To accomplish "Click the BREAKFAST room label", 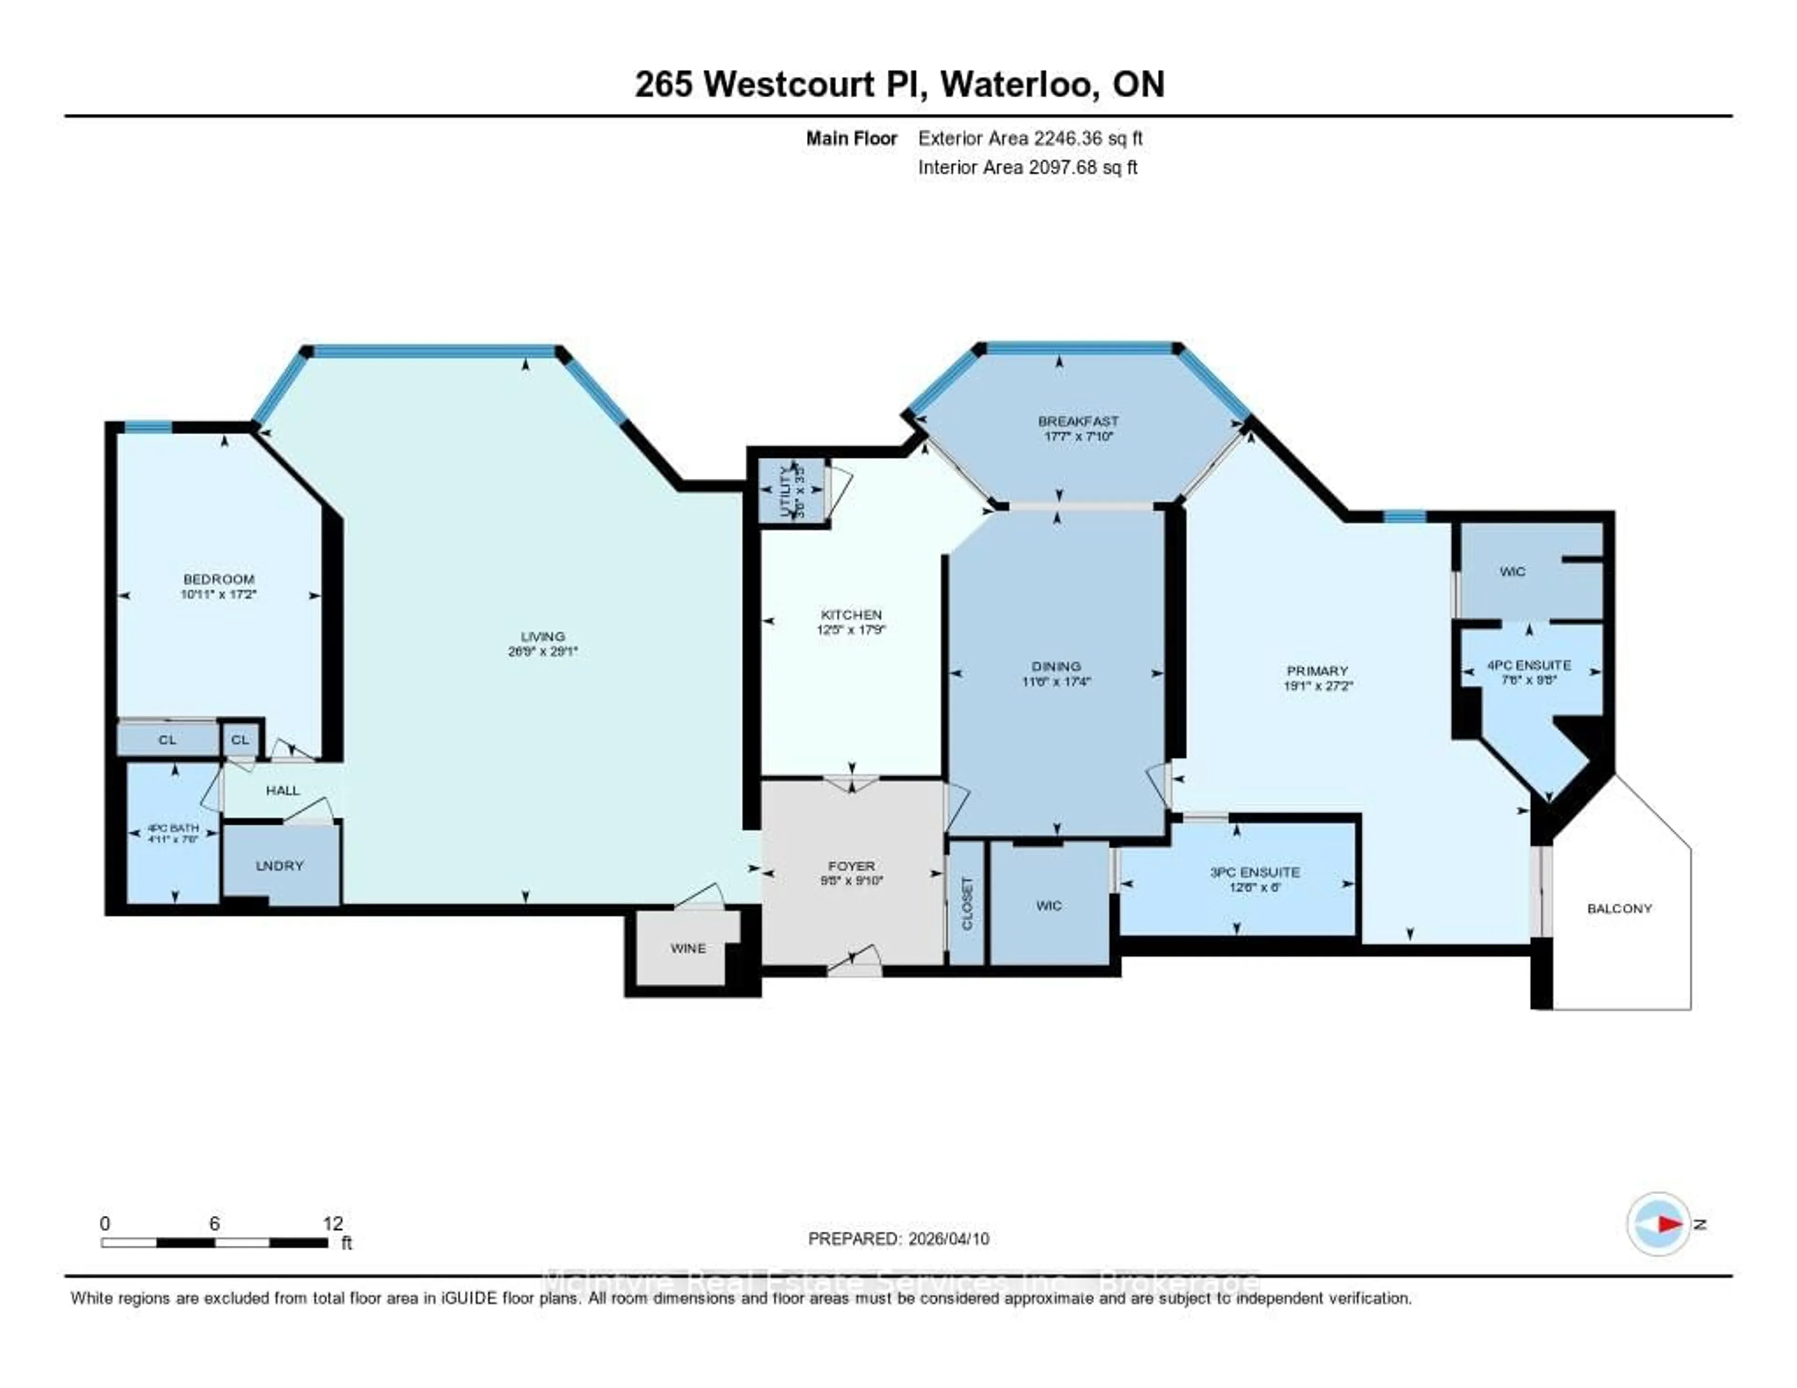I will pos(1078,421).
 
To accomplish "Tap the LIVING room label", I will pos(542,636).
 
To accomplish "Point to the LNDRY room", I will pos(280,866).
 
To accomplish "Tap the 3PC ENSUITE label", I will pos(1255,872).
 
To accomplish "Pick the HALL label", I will pos(282,790).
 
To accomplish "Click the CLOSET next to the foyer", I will pos(967,903).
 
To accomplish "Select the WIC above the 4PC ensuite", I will pos(1512,571).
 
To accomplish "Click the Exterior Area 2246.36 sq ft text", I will pos(1030,138).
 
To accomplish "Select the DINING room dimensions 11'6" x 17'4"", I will pos(1057,681).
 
